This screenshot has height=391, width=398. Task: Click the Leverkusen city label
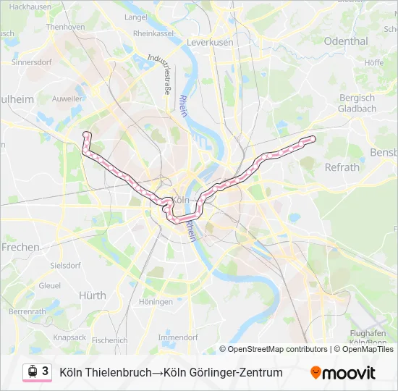210,43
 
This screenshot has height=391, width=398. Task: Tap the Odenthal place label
346,41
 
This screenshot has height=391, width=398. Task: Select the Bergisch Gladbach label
357,103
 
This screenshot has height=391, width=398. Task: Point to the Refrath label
342,167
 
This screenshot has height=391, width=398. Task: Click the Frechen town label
20,247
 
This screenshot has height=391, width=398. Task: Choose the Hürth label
92,295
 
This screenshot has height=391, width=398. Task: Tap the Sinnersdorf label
33,62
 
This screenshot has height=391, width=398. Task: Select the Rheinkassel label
153,33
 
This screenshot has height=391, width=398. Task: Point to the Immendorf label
177,337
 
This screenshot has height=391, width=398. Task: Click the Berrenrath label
27,311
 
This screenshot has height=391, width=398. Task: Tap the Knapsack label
69,337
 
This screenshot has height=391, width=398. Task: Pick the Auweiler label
68,96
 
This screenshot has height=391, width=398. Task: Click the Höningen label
156,302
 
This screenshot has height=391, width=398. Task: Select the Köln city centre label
182,200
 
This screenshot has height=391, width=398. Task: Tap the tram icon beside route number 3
33,371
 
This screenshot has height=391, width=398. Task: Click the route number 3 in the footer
46,371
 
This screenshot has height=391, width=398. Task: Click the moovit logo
343,373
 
